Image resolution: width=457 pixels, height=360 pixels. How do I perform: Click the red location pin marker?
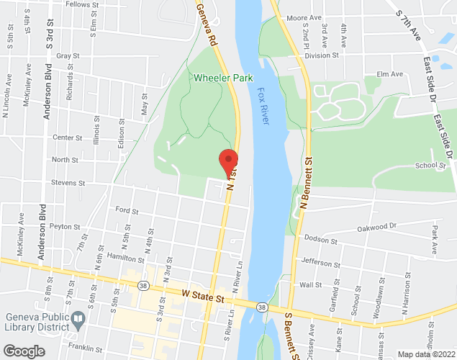229,161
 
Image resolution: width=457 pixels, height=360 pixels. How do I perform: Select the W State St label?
204,295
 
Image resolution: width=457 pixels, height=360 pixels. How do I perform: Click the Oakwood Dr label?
377,228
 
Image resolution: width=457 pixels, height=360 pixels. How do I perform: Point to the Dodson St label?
320,238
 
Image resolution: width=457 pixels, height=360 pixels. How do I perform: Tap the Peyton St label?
65,226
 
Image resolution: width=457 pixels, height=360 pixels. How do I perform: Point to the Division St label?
321,55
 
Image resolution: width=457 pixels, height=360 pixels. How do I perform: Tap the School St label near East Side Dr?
430,166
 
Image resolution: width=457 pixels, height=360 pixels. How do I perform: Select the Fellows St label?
81,5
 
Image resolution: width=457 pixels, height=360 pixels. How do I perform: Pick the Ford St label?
127,210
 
